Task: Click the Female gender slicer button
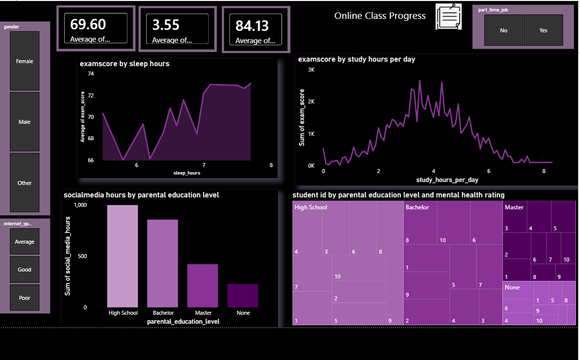[x=24, y=61]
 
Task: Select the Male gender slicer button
[x=24, y=122]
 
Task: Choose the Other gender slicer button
[x=24, y=183]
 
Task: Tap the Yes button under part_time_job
[x=543, y=30]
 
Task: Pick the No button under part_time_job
[x=503, y=30]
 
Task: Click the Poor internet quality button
[x=24, y=298]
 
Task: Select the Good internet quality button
[x=24, y=270]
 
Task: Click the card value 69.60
[x=88, y=24]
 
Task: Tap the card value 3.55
[x=166, y=25]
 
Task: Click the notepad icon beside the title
[x=448, y=16]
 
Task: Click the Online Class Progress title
[x=380, y=16]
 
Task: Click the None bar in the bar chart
[x=243, y=295]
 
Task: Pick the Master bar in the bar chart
[x=202, y=285]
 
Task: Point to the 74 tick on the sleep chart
[x=91, y=74]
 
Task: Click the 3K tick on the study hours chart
[x=311, y=70]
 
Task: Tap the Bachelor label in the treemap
[x=417, y=207]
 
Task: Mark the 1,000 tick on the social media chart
[x=80, y=205]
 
